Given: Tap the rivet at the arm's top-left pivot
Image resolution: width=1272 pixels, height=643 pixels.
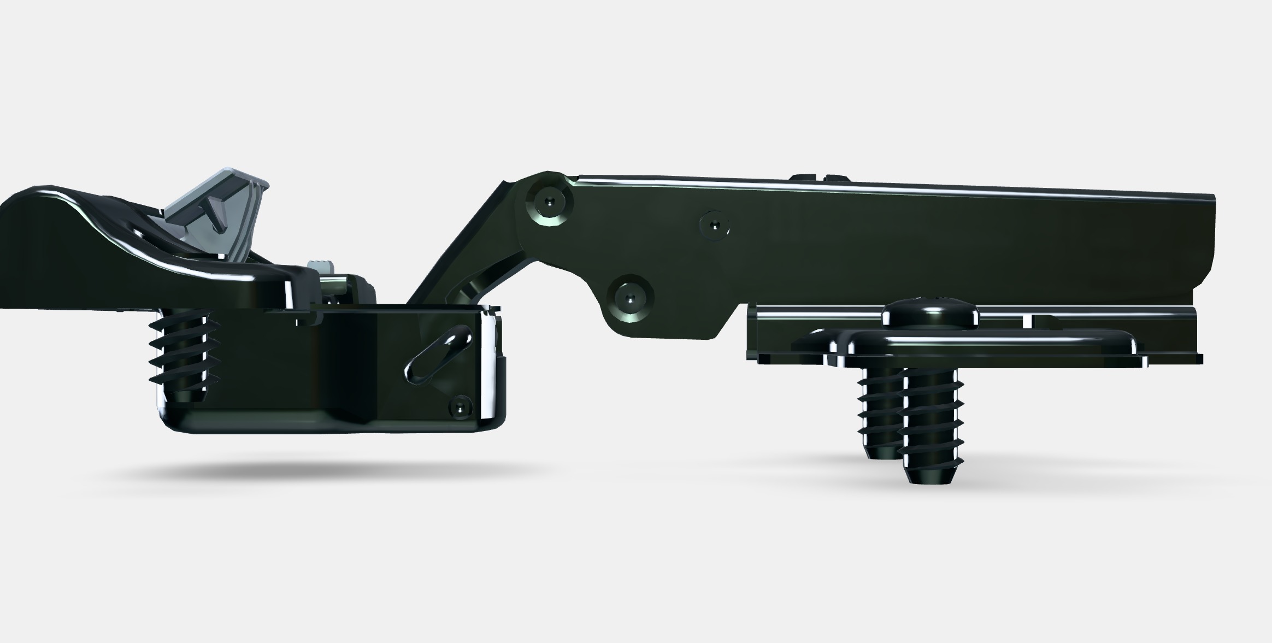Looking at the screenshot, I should (550, 202).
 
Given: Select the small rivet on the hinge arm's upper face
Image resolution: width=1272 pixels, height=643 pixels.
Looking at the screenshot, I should (715, 225).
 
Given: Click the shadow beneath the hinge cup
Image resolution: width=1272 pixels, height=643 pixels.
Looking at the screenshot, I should (328, 470).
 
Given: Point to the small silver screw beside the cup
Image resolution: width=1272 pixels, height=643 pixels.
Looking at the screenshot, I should (322, 269).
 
